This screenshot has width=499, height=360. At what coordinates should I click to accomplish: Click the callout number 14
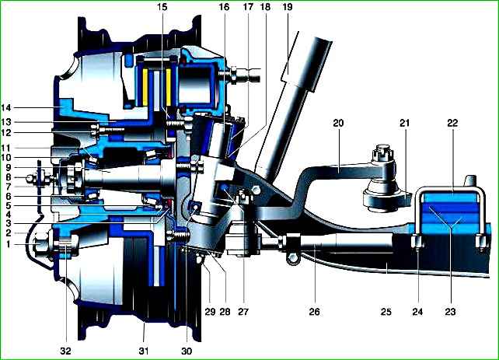(x=6, y=107)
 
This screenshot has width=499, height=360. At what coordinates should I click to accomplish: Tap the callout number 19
(x=288, y=7)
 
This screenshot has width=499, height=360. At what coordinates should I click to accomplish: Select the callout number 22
(x=452, y=123)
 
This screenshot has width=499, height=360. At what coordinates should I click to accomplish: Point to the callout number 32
(x=65, y=351)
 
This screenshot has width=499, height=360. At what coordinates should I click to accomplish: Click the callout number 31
(x=144, y=351)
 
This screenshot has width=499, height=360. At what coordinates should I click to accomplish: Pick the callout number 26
(x=314, y=311)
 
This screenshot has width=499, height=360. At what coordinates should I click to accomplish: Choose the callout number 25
(x=386, y=311)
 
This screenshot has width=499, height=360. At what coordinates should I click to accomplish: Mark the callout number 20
(x=338, y=123)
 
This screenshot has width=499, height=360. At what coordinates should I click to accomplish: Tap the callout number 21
(x=404, y=123)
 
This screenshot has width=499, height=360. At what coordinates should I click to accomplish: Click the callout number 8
(x=9, y=177)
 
